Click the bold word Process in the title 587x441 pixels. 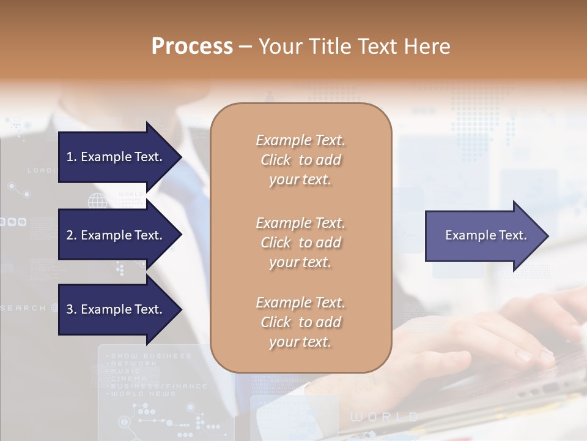tap(192, 47)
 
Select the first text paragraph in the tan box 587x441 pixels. tap(300, 160)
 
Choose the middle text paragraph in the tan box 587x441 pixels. tap(300, 242)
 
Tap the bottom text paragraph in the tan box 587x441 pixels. tap(300, 322)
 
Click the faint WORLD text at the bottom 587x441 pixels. tap(384, 417)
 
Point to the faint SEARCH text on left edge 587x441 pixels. tap(23, 308)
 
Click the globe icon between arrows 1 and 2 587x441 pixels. tap(97, 200)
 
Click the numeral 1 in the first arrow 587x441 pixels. tap(70, 157)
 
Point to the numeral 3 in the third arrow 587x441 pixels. tap(70, 309)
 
